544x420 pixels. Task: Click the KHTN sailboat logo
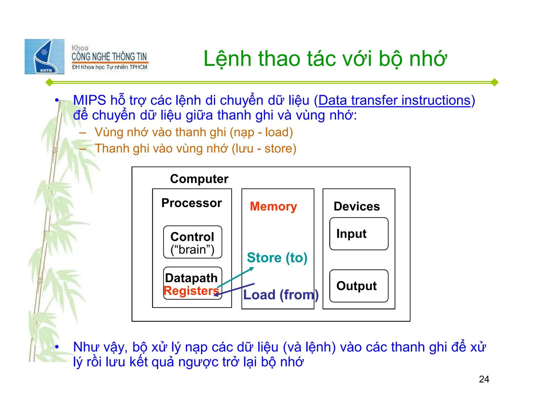click(45, 57)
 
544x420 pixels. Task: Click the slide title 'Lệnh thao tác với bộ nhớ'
click(325, 59)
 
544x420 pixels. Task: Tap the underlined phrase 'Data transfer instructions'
click(394, 101)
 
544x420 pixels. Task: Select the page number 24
click(484, 379)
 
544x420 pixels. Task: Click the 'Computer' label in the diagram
click(199, 179)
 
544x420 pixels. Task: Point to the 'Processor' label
click(192, 203)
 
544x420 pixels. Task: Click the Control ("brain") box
click(193, 242)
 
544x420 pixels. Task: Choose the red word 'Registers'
click(191, 291)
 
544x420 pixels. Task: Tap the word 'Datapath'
click(191, 278)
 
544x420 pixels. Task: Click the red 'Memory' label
click(273, 207)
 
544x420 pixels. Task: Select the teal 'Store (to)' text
click(277, 258)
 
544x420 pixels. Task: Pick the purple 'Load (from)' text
click(281, 295)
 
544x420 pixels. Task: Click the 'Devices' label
click(356, 207)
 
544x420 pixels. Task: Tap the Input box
click(359, 234)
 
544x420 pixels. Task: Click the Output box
click(359, 286)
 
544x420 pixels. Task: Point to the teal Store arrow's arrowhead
click(252, 269)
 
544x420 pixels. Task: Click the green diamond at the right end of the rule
click(494, 82)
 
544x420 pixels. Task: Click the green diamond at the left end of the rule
click(49, 82)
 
